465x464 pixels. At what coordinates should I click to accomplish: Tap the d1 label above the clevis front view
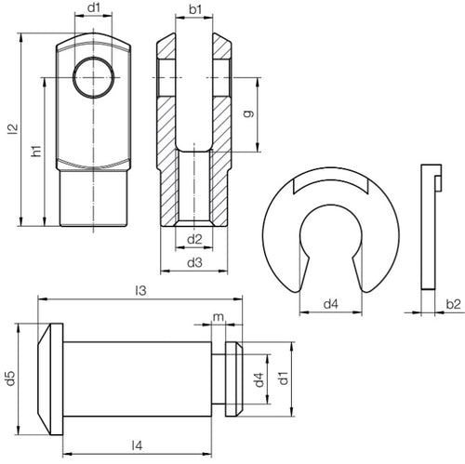[x=93, y=9]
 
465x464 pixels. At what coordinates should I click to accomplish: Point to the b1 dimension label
[x=194, y=9]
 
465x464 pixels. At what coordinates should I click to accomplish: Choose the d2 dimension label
[x=194, y=240]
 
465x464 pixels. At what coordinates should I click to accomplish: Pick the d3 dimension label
[x=194, y=263]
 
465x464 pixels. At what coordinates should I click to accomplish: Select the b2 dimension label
[x=453, y=303]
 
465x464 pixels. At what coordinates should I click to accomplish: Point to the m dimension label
[x=218, y=319]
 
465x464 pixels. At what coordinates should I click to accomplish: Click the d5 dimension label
[x=10, y=378]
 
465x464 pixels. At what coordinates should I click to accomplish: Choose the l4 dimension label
[x=137, y=444]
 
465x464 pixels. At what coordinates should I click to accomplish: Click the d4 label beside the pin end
[x=259, y=378]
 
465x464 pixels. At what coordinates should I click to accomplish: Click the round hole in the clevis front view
[x=93, y=77]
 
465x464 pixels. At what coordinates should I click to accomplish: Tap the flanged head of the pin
[x=47, y=378]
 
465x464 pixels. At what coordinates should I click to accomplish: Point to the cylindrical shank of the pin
[x=139, y=378]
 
